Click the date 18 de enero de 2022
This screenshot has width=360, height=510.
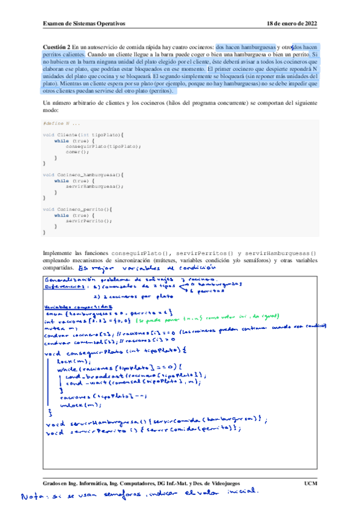click(x=291, y=23)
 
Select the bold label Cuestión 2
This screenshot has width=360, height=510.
click(x=57, y=46)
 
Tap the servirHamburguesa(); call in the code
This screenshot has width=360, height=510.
click(x=97, y=186)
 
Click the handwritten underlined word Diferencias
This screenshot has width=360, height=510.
click(x=67, y=287)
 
